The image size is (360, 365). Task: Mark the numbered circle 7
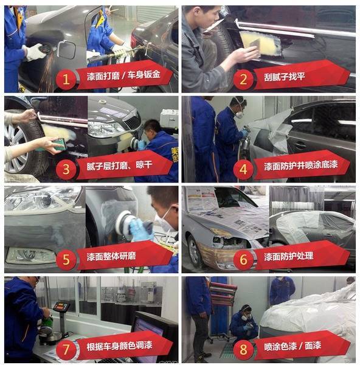coord(66,349)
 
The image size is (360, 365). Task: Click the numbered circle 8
coord(243,349)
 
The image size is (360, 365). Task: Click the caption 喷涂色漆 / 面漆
coord(290,347)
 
